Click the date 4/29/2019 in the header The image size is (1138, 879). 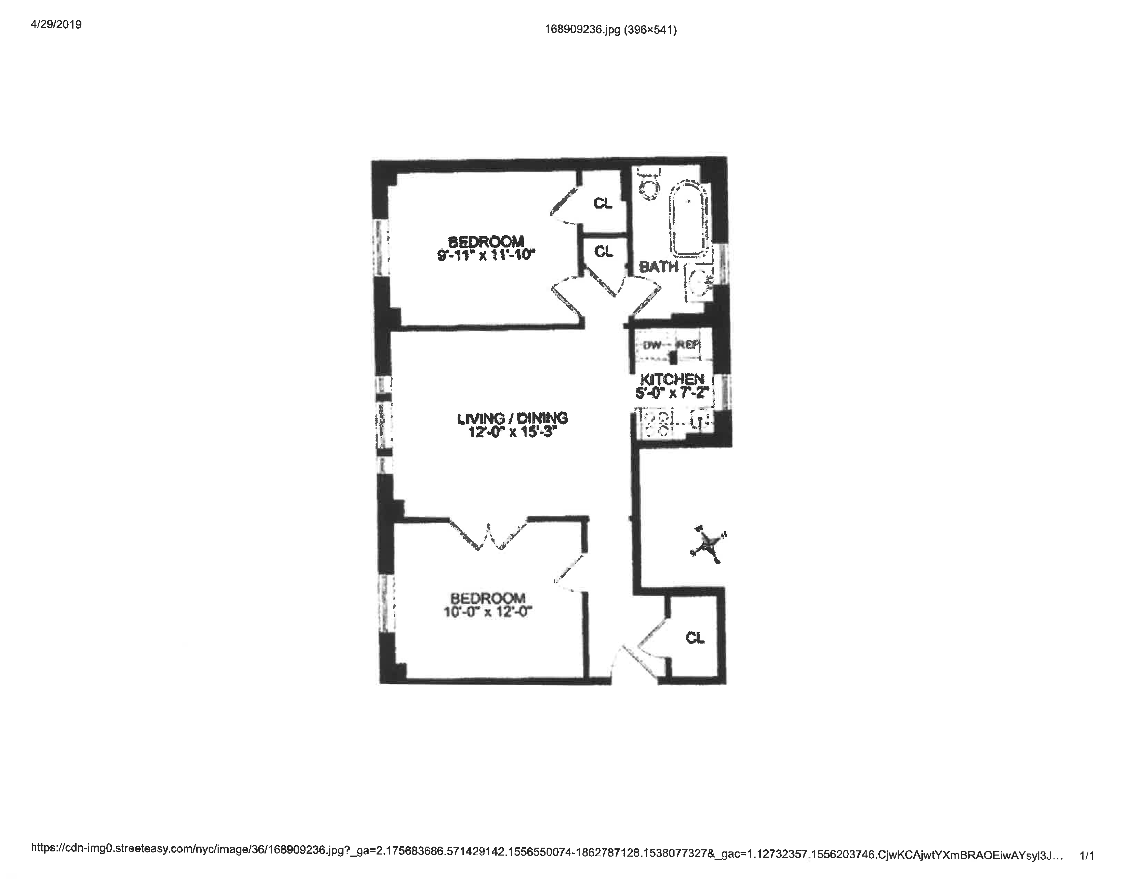(56, 24)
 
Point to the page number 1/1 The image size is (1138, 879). (1086, 856)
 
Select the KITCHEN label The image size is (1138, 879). (672, 379)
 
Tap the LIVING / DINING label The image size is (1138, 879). (512, 418)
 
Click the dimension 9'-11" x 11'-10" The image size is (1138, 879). (486, 255)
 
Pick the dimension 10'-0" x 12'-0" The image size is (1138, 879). (487, 612)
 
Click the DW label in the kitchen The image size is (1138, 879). (652, 345)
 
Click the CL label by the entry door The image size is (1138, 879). (695, 637)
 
